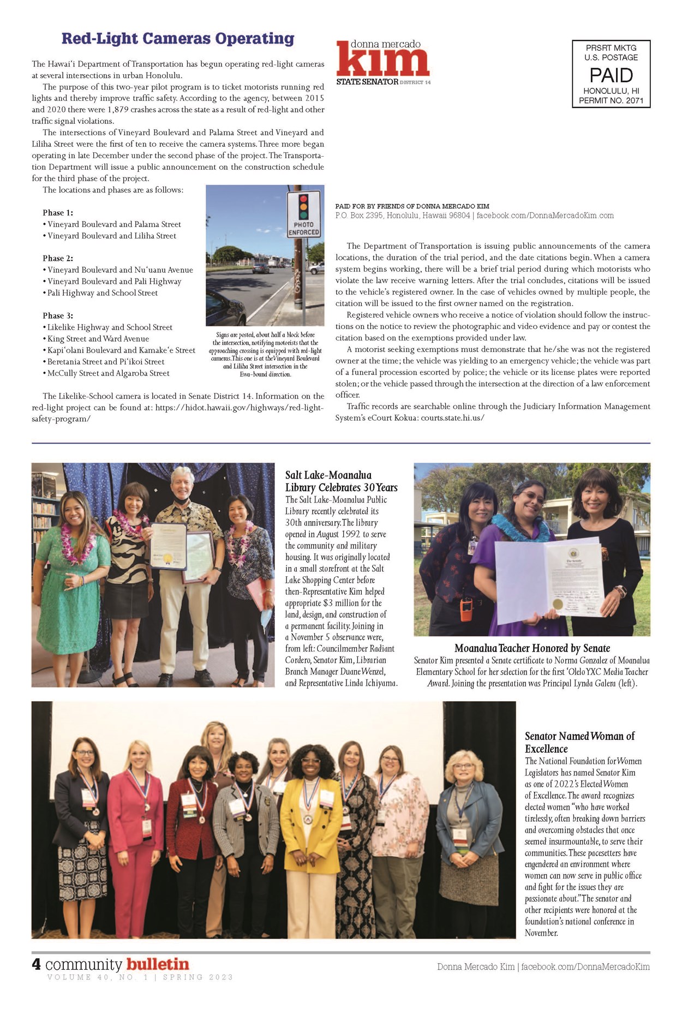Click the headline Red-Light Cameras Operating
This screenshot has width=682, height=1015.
(x=178, y=39)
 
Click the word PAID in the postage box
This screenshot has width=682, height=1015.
(x=611, y=75)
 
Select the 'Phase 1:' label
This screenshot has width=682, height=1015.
(x=58, y=213)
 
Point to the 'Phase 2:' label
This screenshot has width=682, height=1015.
(x=58, y=258)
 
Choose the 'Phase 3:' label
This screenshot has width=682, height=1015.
(x=58, y=315)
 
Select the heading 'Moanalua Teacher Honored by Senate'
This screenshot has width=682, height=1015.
(x=532, y=648)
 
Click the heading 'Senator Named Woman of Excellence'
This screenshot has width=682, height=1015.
(x=579, y=742)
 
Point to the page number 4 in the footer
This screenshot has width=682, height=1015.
(x=37, y=964)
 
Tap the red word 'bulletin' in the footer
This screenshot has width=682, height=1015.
(x=158, y=964)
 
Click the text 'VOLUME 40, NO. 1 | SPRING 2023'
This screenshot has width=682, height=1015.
(x=140, y=977)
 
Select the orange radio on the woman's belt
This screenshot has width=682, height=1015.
(x=466, y=610)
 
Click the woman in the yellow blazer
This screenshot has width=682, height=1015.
(x=312, y=829)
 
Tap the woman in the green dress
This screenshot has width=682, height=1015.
(x=71, y=578)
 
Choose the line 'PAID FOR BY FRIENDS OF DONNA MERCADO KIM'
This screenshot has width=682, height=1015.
(x=412, y=206)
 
